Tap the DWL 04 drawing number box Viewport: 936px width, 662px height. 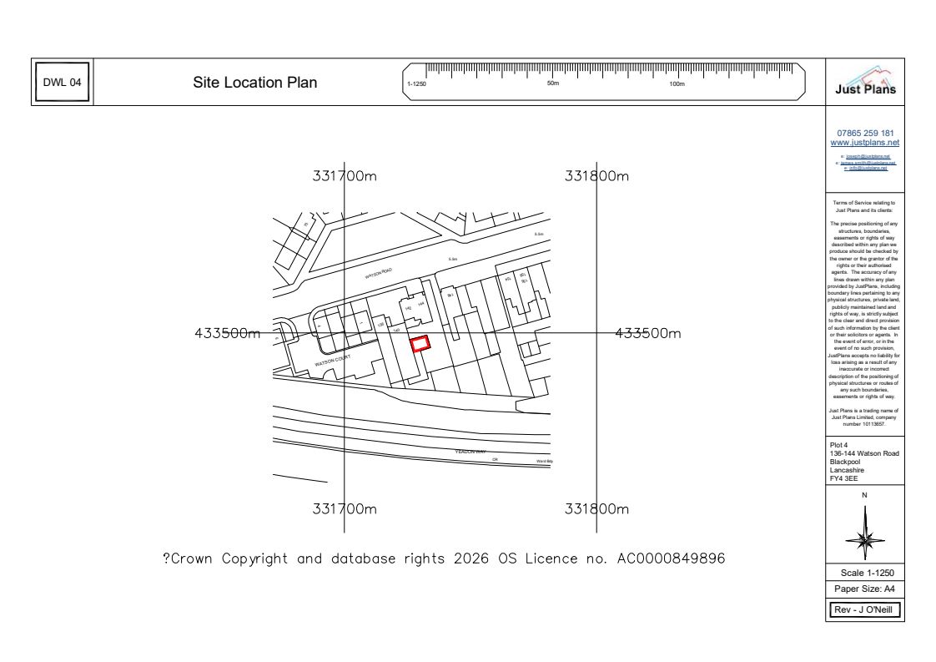point(63,83)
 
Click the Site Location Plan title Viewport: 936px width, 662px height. point(255,83)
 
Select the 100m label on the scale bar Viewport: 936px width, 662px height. point(677,84)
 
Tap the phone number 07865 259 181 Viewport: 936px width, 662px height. point(866,133)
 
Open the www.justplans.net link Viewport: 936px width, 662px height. point(866,143)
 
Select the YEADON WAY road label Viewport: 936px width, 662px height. point(470,451)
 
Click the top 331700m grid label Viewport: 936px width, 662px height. point(345,177)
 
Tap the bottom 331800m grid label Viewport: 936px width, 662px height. point(596,509)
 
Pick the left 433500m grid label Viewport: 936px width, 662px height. point(227,333)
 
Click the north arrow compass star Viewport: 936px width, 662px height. point(864,533)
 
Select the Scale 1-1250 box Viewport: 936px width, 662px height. point(865,573)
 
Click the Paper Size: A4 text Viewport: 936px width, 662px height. point(865,589)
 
